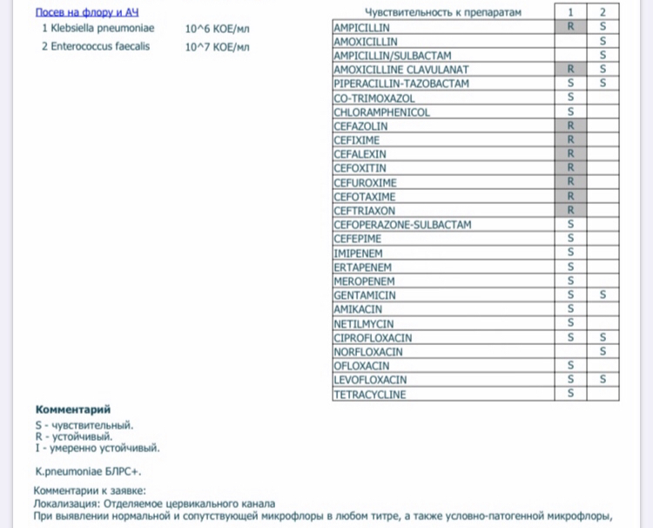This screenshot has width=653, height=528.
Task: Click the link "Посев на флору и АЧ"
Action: pos(87,14)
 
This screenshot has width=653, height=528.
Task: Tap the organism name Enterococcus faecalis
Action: pos(101,46)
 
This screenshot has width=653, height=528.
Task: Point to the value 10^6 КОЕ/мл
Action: pos(217,29)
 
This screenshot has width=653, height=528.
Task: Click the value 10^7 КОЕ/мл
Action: pos(217,46)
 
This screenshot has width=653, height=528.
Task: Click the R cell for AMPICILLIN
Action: pos(571,28)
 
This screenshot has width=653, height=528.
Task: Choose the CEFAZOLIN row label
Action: pos(360,126)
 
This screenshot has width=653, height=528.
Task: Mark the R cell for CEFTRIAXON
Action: pos(571,211)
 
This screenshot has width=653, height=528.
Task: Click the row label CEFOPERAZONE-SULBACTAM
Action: pos(402,225)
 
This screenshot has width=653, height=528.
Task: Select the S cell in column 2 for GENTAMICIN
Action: pos(603,295)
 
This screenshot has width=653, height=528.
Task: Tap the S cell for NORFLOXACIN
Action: pos(603,352)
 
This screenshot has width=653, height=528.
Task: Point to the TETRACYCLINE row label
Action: pos(369,394)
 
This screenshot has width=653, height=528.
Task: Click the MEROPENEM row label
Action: pos(364,281)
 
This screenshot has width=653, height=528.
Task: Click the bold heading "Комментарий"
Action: pos(73,410)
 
